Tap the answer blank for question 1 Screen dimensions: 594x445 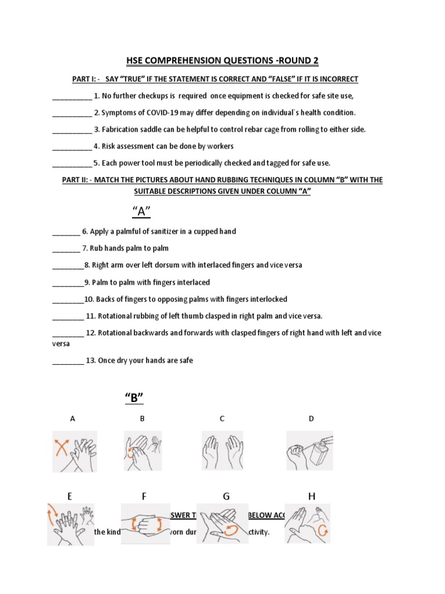pyautogui.click(x=72, y=96)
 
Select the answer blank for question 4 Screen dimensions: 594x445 pyautogui.click(x=72, y=147)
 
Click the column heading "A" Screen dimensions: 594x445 pyautogui.click(x=138, y=212)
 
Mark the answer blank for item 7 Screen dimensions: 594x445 pyautogui.click(x=66, y=249)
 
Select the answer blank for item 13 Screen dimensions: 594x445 pyautogui.click(x=68, y=361)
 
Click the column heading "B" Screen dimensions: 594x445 pyautogui.click(x=134, y=398)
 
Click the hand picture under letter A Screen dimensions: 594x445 pyautogui.click(x=75, y=451)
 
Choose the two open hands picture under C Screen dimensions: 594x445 pyautogui.click(x=222, y=450)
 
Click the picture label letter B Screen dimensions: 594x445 pyautogui.click(x=142, y=418)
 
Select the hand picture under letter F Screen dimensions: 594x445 pyautogui.click(x=145, y=523)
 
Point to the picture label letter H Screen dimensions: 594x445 pyautogui.click(x=311, y=496)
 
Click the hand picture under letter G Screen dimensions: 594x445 pyautogui.click(x=222, y=523)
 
